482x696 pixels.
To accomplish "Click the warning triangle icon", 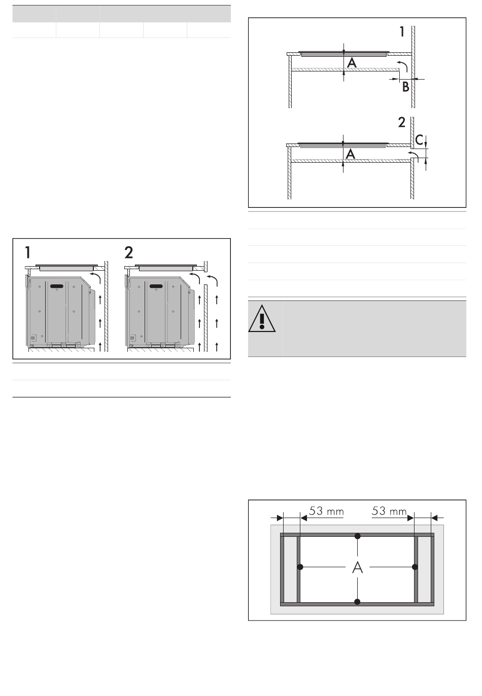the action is [262, 318].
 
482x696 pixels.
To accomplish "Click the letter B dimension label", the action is [405, 87].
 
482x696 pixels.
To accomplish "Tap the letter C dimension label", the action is [419, 140].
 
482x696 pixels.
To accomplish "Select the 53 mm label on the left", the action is [326, 511].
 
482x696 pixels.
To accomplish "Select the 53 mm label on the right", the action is [389, 511].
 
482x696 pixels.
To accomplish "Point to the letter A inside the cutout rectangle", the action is [357, 568].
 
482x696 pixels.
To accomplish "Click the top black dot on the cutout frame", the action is [357, 536].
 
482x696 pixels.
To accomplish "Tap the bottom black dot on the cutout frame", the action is [357, 602].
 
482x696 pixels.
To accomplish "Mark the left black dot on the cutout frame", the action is [300, 567].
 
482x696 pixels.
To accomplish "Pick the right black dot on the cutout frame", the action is [415, 567].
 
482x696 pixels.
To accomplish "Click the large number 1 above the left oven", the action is [28, 252].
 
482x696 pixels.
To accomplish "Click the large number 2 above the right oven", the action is [129, 252].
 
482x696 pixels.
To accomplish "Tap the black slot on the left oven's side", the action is [57, 286].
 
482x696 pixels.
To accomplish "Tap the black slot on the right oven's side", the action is [156, 286].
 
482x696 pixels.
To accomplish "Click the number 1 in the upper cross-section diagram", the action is [402, 32].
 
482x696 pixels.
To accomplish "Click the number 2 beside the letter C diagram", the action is [401, 123].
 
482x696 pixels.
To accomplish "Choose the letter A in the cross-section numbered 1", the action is [352, 63].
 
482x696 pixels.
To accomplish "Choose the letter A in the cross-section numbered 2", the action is [351, 154].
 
